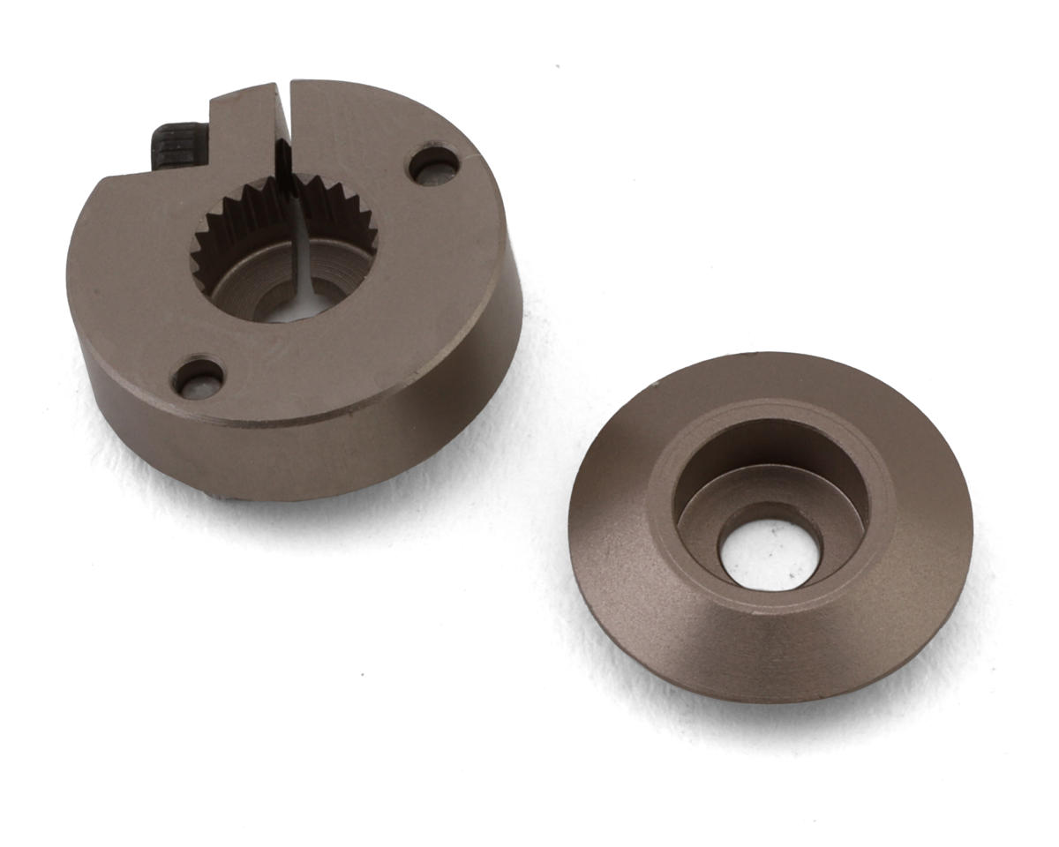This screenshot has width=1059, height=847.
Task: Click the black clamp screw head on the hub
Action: [x=179, y=146]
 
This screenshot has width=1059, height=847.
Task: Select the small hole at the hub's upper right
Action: [x=433, y=165]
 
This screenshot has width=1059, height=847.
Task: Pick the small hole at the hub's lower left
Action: [x=198, y=378]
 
